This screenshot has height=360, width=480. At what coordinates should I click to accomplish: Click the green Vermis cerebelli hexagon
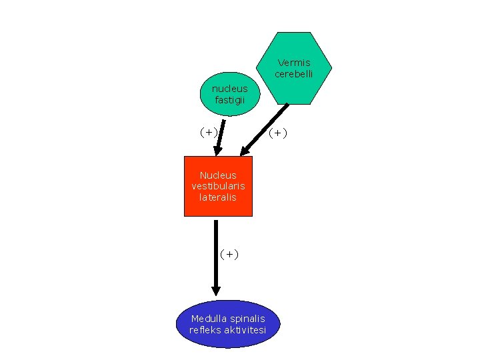coord(294,68)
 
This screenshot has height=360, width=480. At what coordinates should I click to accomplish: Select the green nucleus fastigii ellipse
coord(229,94)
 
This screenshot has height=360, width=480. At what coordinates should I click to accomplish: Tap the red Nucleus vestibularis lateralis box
coord(218,187)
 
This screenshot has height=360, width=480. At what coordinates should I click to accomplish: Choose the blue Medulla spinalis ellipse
coord(227,324)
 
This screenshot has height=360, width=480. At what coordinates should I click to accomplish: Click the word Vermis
coord(294,63)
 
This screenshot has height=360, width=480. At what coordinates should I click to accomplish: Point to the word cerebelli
coord(294,74)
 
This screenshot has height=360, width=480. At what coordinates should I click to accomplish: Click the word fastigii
coord(229,100)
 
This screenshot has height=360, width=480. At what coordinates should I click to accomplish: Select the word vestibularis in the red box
coord(218,187)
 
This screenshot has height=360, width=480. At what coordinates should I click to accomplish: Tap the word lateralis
coord(218,198)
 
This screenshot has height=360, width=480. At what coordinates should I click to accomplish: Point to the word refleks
coord(204,330)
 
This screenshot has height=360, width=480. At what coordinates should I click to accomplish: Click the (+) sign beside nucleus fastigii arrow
coord(209,132)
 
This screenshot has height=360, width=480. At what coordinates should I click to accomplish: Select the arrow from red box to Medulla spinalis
coord(216,253)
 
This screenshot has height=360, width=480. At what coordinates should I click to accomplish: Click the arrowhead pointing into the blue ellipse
coord(216,291)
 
